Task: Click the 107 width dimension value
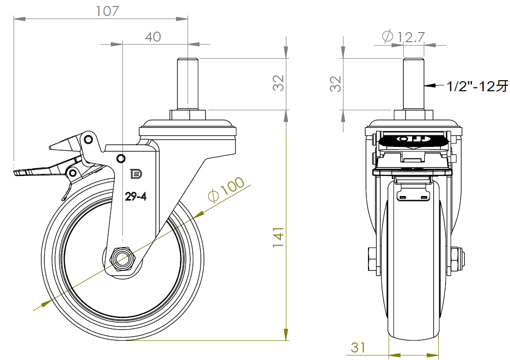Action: (x=107, y=11)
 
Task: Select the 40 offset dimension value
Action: (x=153, y=37)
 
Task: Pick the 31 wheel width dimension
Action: (x=358, y=347)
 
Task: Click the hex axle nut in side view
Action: (x=122, y=259)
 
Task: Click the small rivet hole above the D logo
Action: (x=120, y=158)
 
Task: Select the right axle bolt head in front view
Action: (x=458, y=260)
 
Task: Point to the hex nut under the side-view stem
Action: (x=188, y=115)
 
